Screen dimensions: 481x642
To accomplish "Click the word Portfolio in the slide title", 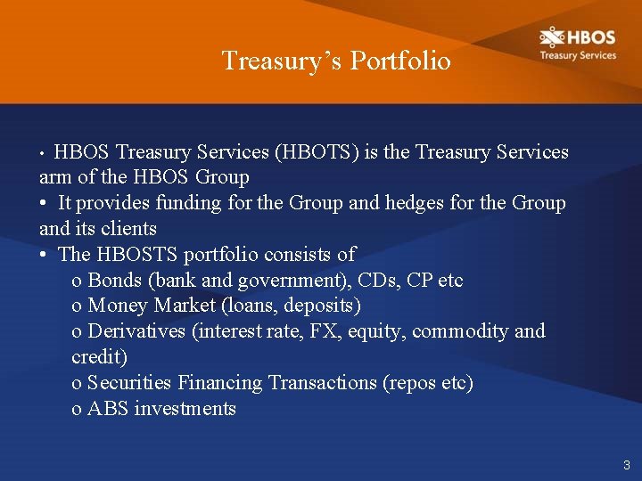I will click(400, 61).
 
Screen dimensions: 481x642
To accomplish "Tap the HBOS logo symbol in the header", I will click(552, 37).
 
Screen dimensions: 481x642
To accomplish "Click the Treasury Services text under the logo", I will click(577, 55).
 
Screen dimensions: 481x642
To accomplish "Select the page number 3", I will click(627, 465).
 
